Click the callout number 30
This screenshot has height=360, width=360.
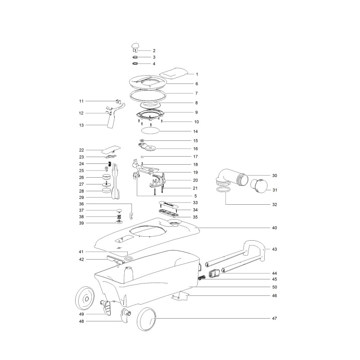click(x=274, y=175)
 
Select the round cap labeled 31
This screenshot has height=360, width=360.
click(x=259, y=185)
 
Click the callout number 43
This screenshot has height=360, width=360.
click(x=274, y=249)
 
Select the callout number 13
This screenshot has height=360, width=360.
click(x=82, y=125)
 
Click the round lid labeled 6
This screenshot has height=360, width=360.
click(x=148, y=82)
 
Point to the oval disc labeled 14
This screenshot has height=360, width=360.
click(x=150, y=130)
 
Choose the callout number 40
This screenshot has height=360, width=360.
click(x=274, y=228)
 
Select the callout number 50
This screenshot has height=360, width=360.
click(x=274, y=287)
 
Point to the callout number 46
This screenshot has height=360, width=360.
click(x=274, y=296)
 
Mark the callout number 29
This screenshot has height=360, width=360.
click(x=82, y=197)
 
